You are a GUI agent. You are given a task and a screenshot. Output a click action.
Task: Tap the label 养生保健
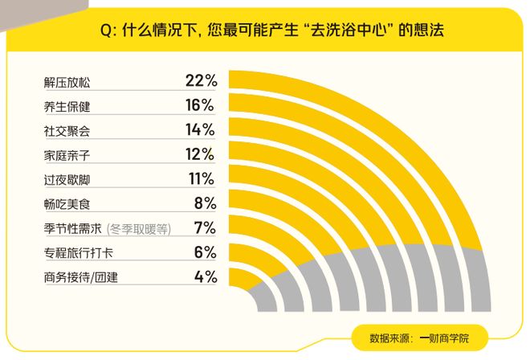pos(67,106)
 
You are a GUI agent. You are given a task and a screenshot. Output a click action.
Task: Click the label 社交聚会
pos(67,130)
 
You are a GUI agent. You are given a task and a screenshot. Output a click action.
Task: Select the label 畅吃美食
pos(67,204)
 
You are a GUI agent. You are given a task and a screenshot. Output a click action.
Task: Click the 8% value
pos(205,203)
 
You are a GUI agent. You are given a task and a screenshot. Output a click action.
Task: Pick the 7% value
pos(205,227)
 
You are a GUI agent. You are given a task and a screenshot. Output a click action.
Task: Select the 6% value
pos(205,252)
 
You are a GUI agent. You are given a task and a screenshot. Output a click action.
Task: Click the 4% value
pos(205,277)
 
